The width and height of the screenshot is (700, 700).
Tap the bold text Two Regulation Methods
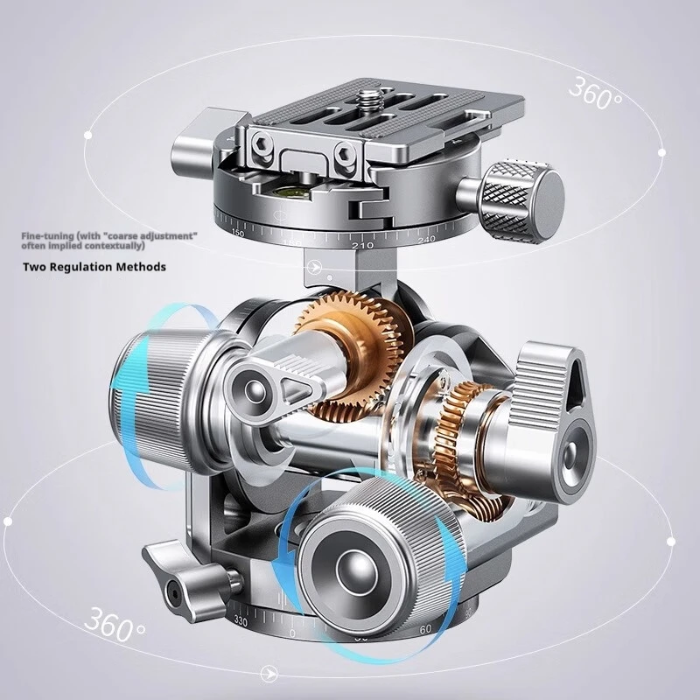click(x=94, y=267)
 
